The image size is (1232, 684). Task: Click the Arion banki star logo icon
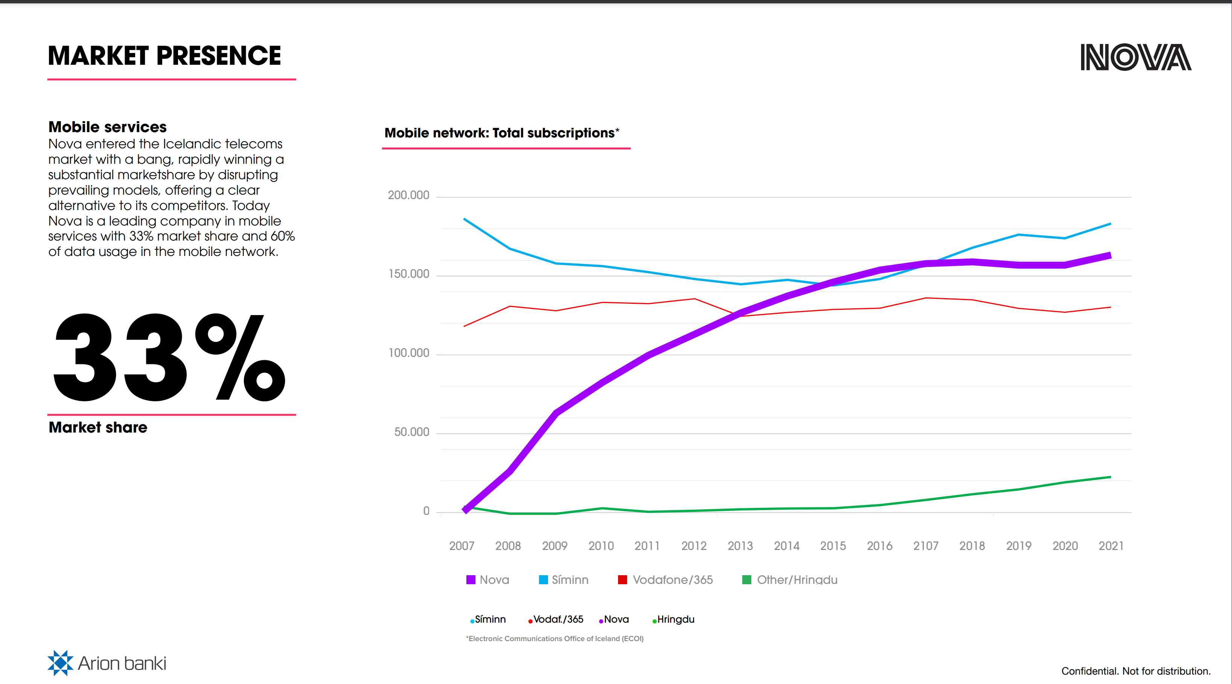[60, 663]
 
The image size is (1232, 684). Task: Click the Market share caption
[98, 427]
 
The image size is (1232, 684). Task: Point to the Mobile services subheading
[108, 127]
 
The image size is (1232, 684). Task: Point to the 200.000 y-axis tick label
[408, 195]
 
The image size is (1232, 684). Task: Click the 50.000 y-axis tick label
[411, 432]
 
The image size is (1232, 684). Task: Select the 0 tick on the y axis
[426, 511]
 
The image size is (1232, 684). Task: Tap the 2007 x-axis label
[461, 546]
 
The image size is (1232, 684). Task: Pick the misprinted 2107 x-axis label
[926, 546]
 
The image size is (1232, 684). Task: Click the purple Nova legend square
[471, 580]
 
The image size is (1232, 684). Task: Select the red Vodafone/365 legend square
[622, 580]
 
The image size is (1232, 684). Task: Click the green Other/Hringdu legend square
[746, 580]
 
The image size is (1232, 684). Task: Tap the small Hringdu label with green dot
[675, 619]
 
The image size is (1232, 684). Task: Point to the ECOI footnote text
[555, 638]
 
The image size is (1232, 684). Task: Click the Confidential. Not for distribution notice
[1135, 671]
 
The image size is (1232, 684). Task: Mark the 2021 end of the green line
[1110, 477]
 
